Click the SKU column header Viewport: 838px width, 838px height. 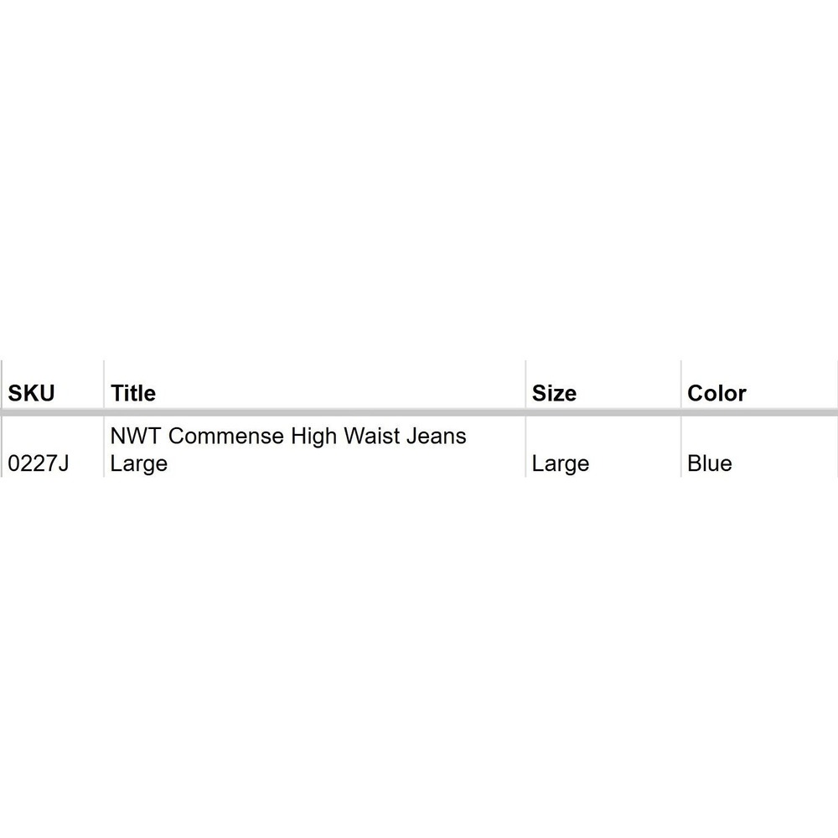click(31, 393)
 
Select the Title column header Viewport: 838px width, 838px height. click(133, 393)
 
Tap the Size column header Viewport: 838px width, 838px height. click(554, 393)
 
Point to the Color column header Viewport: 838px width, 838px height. click(716, 393)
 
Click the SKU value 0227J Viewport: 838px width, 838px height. click(39, 463)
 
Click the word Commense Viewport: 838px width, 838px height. click(226, 436)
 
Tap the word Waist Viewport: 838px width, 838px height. click(371, 436)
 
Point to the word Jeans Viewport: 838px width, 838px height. click(436, 436)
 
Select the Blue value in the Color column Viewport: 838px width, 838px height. click(710, 463)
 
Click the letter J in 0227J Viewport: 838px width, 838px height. click(64, 463)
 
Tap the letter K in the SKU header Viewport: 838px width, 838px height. click(32, 393)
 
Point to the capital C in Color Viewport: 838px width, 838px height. click(696, 393)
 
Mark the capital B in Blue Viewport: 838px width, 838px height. click(694, 463)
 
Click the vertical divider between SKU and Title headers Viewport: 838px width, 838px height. click(104, 385)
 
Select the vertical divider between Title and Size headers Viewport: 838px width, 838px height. click(526, 385)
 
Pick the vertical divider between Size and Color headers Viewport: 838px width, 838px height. click(680, 385)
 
